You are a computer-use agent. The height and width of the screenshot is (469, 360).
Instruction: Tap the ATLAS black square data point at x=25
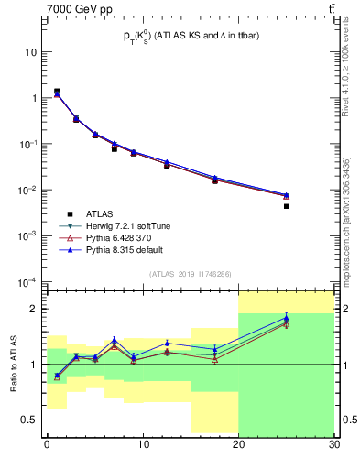pyautogui.click(x=287, y=206)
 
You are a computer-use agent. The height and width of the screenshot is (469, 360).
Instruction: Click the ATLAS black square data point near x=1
pyautogui.click(x=57, y=92)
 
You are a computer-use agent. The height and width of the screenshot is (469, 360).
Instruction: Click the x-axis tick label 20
pyautogui.click(x=238, y=444)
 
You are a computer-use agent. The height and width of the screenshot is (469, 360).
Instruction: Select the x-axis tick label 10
pyautogui.click(x=142, y=444)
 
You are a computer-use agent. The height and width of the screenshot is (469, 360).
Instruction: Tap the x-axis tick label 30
pyautogui.click(x=333, y=444)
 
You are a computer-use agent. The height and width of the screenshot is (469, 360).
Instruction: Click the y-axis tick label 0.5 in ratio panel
pyautogui.click(x=32, y=420)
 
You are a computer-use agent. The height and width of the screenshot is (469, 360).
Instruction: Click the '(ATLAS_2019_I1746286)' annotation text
pyautogui.click(x=190, y=274)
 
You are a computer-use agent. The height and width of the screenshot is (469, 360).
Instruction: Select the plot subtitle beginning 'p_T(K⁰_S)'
pyautogui.click(x=190, y=35)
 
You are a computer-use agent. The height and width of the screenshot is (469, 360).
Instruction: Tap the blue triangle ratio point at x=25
pyautogui.click(x=287, y=318)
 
